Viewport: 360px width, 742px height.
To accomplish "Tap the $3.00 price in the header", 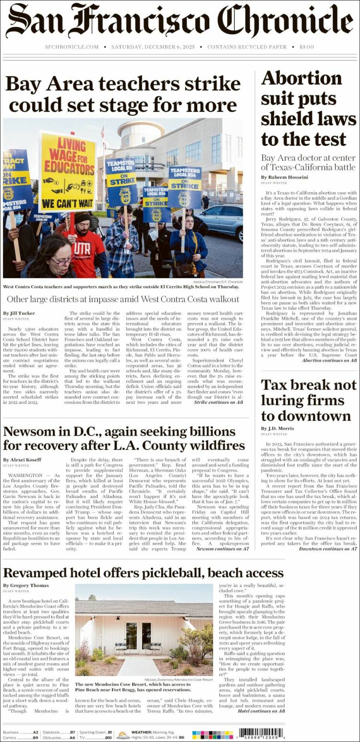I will (x=306, y=47).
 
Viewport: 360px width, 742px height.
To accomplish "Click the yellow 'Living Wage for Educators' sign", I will (x=68, y=172).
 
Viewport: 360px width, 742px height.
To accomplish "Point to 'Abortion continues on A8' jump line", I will (x=330, y=360).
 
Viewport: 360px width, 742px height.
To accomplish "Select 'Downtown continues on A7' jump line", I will (x=328, y=548).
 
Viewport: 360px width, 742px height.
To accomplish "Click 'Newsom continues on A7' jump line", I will (x=222, y=548).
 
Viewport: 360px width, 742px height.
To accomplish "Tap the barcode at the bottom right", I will (x=262, y=733).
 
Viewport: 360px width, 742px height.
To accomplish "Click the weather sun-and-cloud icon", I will (x=123, y=734).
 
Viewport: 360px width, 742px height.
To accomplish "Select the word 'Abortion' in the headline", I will (x=301, y=78).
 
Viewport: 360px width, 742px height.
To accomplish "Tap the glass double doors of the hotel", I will (x=138, y=635).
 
